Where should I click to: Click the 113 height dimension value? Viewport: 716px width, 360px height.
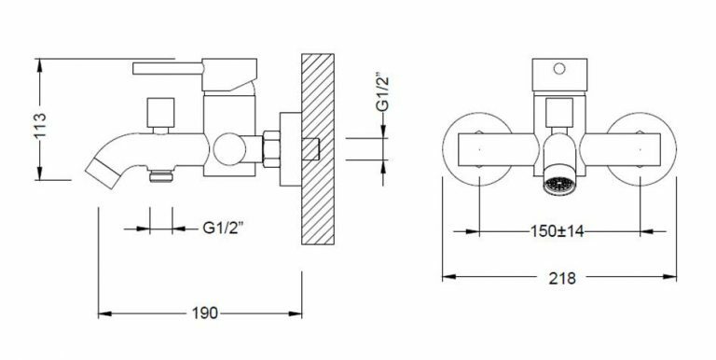tap(40, 125)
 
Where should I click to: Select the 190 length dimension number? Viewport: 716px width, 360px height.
tap(204, 313)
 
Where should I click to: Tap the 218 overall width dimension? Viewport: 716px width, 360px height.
tap(561, 278)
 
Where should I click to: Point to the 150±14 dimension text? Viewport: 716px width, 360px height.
tap(558, 231)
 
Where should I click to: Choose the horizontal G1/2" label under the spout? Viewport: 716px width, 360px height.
tap(224, 228)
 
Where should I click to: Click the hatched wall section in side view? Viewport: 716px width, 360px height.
tap(318, 149)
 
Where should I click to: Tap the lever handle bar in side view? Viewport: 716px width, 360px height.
tap(168, 68)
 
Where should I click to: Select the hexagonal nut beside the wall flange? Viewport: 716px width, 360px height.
tap(271, 149)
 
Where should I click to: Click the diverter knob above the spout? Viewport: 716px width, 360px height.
tap(160, 113)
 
